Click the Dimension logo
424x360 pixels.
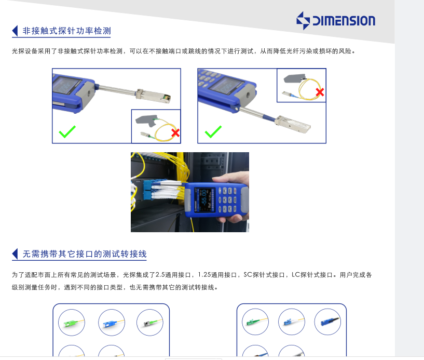point(336,21)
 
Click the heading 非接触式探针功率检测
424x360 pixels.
point(66,31)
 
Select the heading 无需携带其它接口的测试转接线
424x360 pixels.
point(85,254)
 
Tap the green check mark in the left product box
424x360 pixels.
point(67,131)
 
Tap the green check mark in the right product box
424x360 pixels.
point(213,131)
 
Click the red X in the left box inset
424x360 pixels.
point(175,133)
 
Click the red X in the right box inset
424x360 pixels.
point(320,92)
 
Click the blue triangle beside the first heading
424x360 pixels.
point(15,31)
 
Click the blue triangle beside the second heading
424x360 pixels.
point(15,254)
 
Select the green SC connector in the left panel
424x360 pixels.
point(72,323)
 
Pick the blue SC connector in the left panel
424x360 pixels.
point(112,323)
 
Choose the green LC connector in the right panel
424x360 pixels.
point(255,322)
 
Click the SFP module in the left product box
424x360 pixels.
point(153,96)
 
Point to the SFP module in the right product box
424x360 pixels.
point(293,124)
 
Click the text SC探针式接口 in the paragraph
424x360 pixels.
point(264,275)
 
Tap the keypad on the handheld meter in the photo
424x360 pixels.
point(227,200)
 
